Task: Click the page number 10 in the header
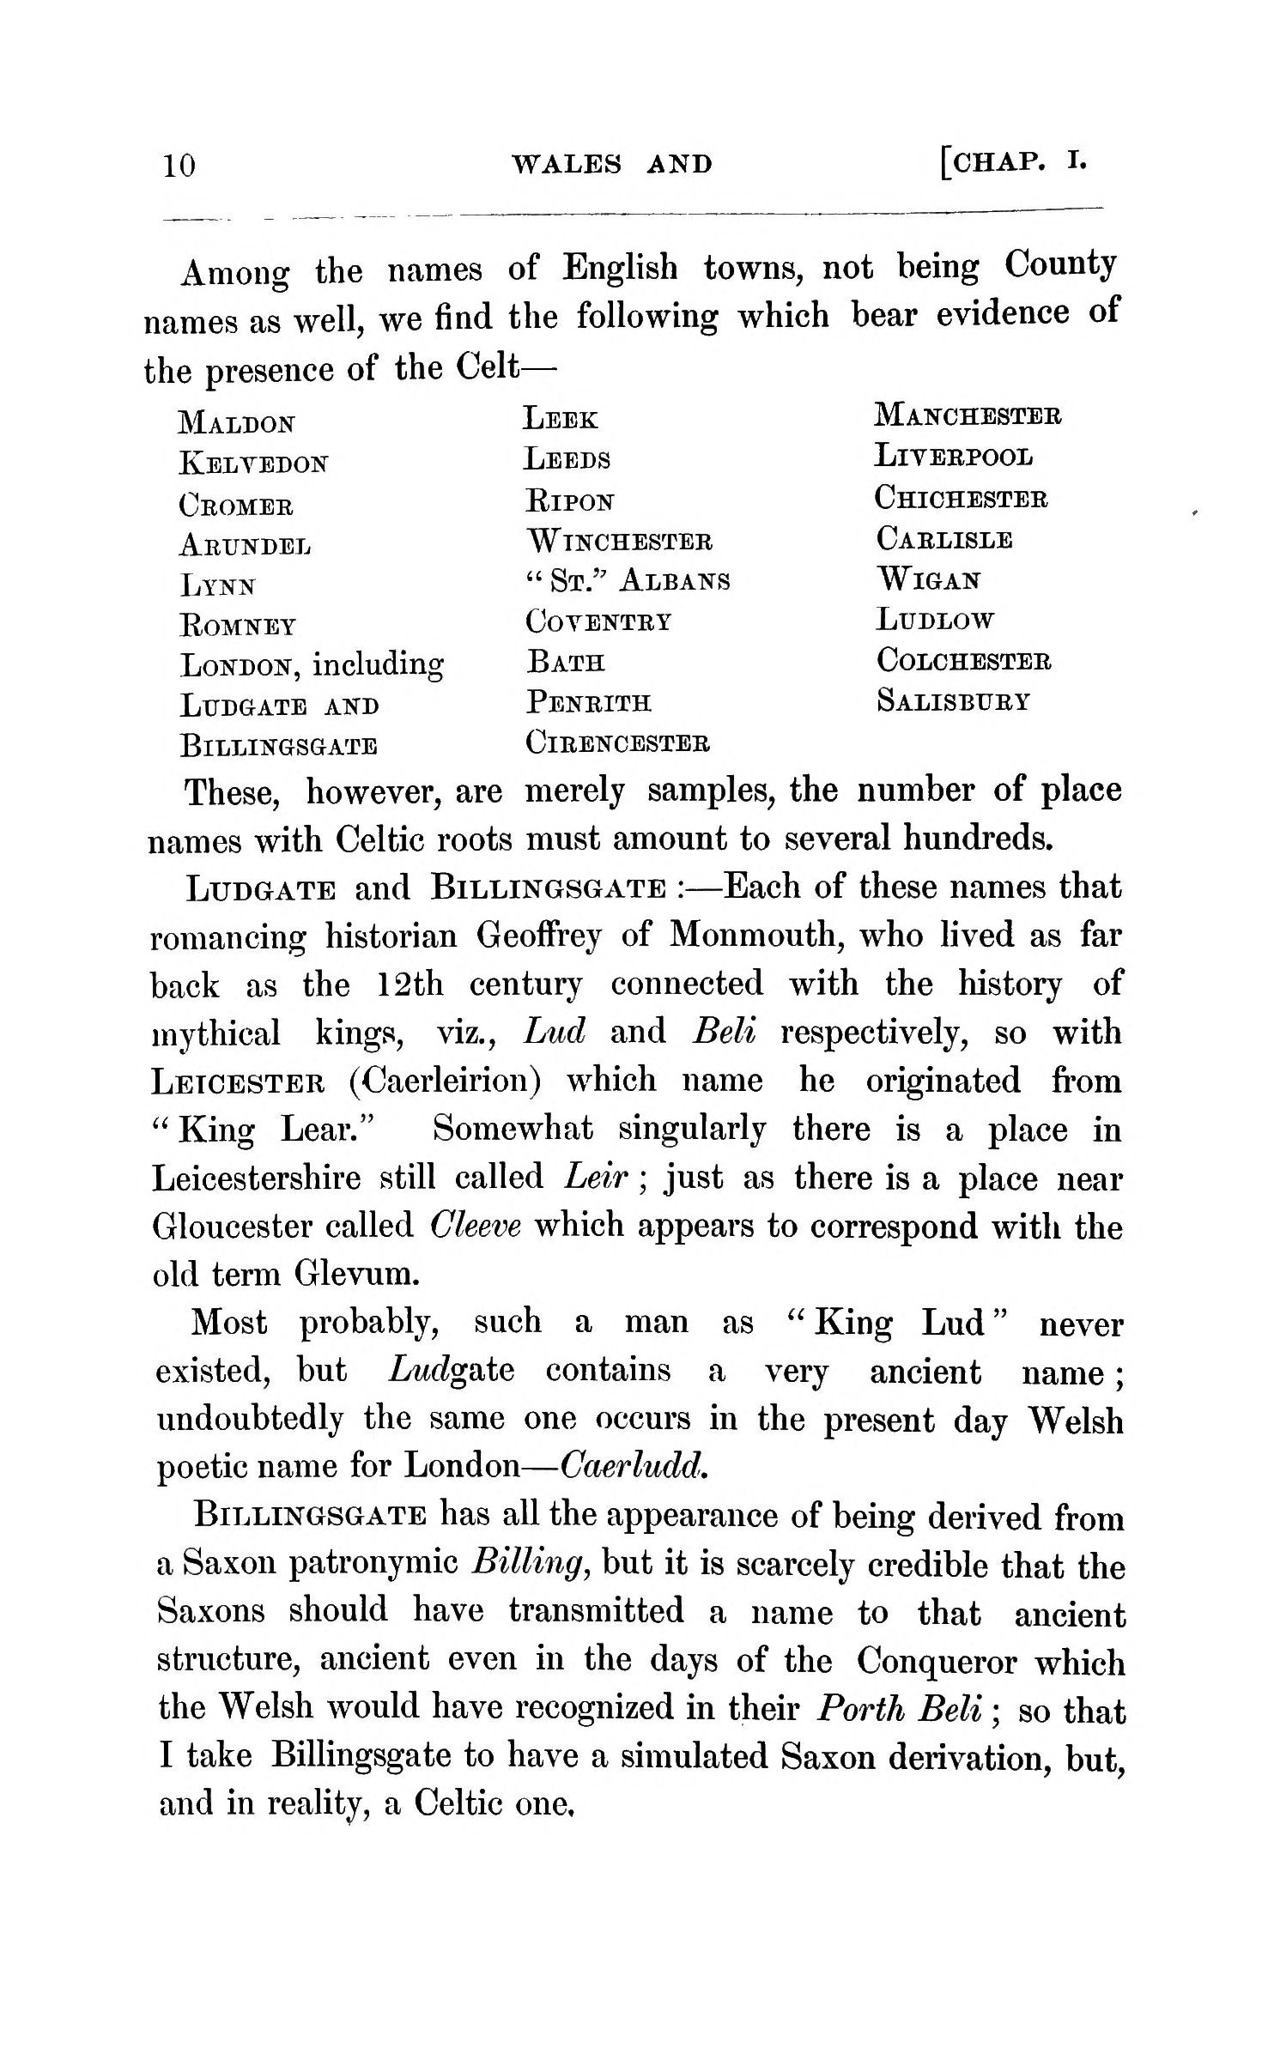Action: click(x=179, y=165)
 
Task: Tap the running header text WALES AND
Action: click(x=611, y=164)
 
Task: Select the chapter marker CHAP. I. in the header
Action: click(x=1013, y=161)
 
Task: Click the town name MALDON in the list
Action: click(x=237, y=423)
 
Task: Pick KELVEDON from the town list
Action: click(x=253, y=464)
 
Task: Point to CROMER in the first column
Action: click(x=236, y=506)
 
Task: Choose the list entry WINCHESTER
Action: click(x=618, y=542)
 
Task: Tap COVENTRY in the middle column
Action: click(x=598, y=621)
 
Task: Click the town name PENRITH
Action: click(x=588, y=703)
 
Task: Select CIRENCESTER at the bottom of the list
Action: click(x=617, y=742)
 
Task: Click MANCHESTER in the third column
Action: click(x=968, y=415)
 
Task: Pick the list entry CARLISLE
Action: click(x=944, y=539)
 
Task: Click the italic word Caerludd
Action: click(x=634, y=1467)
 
